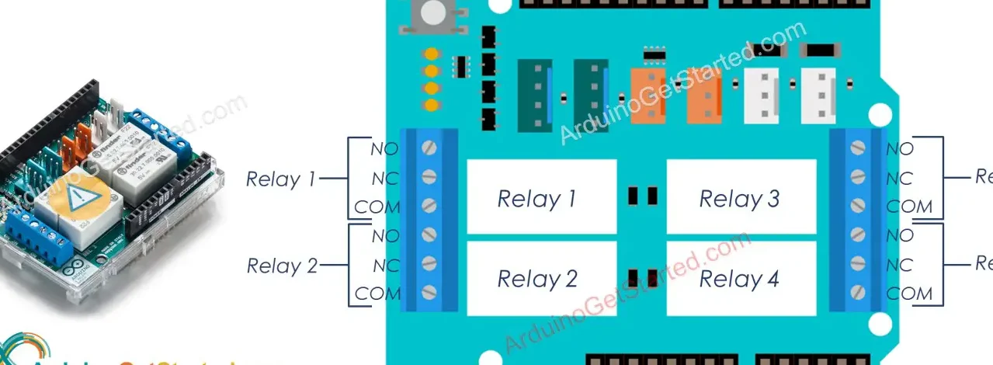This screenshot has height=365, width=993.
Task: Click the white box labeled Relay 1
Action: (x=541, y=197)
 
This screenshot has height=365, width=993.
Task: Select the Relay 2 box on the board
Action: (x=541, y=278)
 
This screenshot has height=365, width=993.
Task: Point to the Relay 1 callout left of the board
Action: (x=280, y=179)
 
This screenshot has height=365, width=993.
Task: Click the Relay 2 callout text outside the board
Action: (x=282, y=266)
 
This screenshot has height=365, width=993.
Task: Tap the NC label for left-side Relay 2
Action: (x=386, y=266)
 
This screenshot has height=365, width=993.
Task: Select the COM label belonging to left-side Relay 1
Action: (x=377, y=207)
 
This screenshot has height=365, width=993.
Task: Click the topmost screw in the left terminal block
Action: (x=429, y=148)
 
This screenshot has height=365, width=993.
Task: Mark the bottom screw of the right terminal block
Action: (x=858, y=293)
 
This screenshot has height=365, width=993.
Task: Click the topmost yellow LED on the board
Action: (x=432, y=55)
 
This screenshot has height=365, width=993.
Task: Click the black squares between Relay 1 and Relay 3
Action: (x=642, y=196)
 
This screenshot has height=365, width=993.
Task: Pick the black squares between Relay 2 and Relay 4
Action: (x=642, y=276)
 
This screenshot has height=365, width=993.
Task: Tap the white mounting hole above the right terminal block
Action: (x=879, y=115)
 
